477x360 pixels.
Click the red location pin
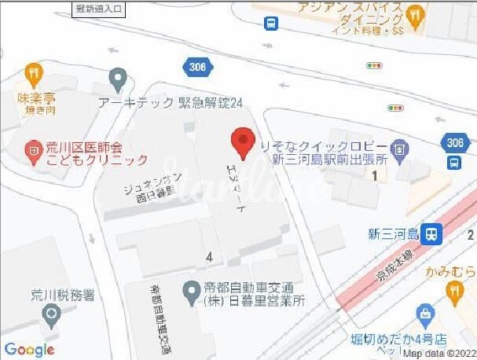(x=242, y=143)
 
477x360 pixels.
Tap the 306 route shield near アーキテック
(x=197, y=68)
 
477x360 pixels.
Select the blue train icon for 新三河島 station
(x=430, y=233)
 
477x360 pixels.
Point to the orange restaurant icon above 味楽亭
(x=32, y=74)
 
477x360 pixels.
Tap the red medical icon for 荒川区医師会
(x=33, y=146)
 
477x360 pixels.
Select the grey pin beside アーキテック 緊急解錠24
(x=118, y=77)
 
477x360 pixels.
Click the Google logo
(x=28, y=349)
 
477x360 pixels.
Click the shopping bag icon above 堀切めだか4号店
(x=427, y=314)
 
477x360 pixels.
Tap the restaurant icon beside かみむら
(x=454, y=291)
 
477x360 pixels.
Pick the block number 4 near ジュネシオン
(x=209, y=256)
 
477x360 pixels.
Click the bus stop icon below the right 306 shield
(x=454, y=163)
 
